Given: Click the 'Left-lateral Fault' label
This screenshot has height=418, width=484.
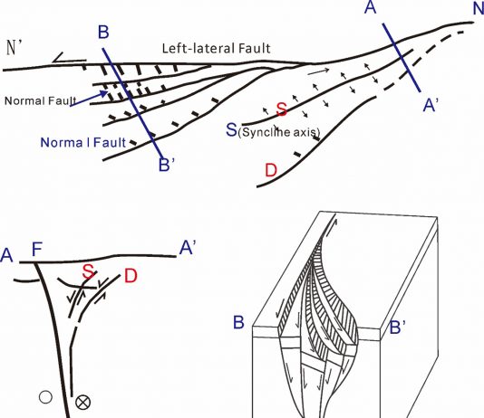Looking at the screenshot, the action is (216, 48).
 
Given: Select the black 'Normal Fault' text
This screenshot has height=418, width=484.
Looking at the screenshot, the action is (41, 100).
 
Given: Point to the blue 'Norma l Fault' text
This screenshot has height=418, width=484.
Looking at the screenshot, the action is (83, 143).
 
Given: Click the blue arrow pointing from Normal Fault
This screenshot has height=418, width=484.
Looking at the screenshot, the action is (89, 99).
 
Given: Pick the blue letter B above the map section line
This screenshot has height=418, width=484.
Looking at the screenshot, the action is (103, 32).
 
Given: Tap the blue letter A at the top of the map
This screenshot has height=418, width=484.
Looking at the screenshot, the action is (371, 6).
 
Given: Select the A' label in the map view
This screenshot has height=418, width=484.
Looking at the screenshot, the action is (431, 105).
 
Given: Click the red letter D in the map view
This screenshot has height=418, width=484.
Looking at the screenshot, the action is (271, 170).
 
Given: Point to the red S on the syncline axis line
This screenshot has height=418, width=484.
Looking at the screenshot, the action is (282, 109).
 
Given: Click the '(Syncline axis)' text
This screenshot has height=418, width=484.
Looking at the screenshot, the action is (279, 132).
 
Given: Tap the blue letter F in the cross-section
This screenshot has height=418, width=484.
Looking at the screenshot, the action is (37, 250).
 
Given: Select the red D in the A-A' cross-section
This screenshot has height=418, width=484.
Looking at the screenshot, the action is (131, 276).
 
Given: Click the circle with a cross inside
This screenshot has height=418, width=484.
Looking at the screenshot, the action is (83, 403).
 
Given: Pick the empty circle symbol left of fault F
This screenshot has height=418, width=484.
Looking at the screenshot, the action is (45, 397).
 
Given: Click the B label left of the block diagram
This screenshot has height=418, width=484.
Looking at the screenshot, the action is (238, 322).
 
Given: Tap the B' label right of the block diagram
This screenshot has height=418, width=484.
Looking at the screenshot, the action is (398, 328).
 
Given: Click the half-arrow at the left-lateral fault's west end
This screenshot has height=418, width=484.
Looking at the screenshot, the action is (69, 59).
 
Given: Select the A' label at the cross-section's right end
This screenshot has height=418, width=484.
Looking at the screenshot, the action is (188, 247).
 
